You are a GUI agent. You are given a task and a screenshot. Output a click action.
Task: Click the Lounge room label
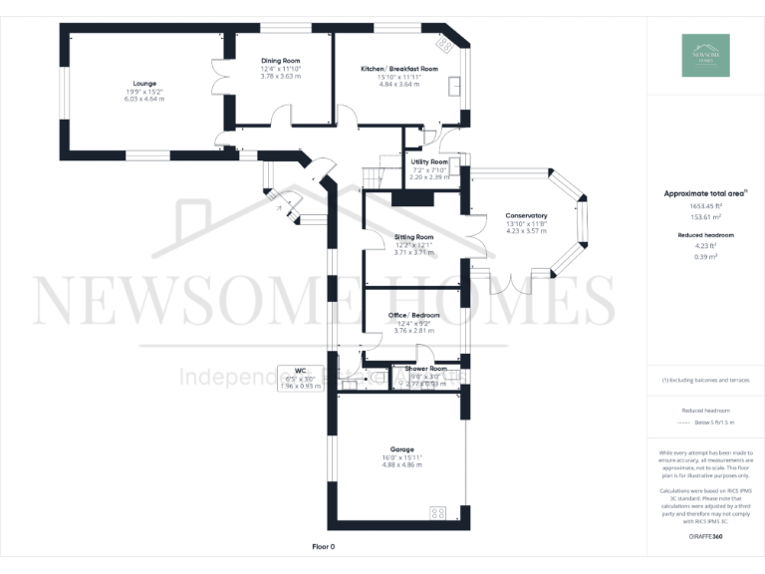[x=144, y=83]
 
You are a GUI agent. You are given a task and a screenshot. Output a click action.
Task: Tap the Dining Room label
[x=280, y=61]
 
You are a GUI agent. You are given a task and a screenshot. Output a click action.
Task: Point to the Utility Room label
[x=428, y=161]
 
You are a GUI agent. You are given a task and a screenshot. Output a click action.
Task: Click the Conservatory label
[x=526, y=216]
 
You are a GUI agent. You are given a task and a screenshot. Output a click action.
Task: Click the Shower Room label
[x=425, y=369]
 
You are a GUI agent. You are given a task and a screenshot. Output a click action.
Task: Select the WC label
[x=299, y=370]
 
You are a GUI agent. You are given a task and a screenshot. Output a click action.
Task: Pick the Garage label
[x=402, y=449]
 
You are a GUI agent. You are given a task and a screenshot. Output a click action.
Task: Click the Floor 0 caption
[x=324, y=547]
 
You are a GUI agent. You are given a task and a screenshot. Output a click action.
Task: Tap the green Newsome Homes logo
[x=705, y=56]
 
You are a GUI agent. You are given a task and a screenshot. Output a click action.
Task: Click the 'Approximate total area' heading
[x=704, y=194]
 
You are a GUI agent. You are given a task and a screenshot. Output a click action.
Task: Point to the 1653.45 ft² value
[x=704, y=206]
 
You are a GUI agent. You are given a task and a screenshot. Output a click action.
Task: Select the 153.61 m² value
[x=704, y=216]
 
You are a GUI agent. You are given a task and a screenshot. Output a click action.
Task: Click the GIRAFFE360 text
[x=704, y=537]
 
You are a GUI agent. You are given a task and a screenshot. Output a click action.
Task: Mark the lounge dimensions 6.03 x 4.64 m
[x=144, y=99]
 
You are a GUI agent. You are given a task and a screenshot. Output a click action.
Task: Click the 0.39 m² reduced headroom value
[x=704, y=256]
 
